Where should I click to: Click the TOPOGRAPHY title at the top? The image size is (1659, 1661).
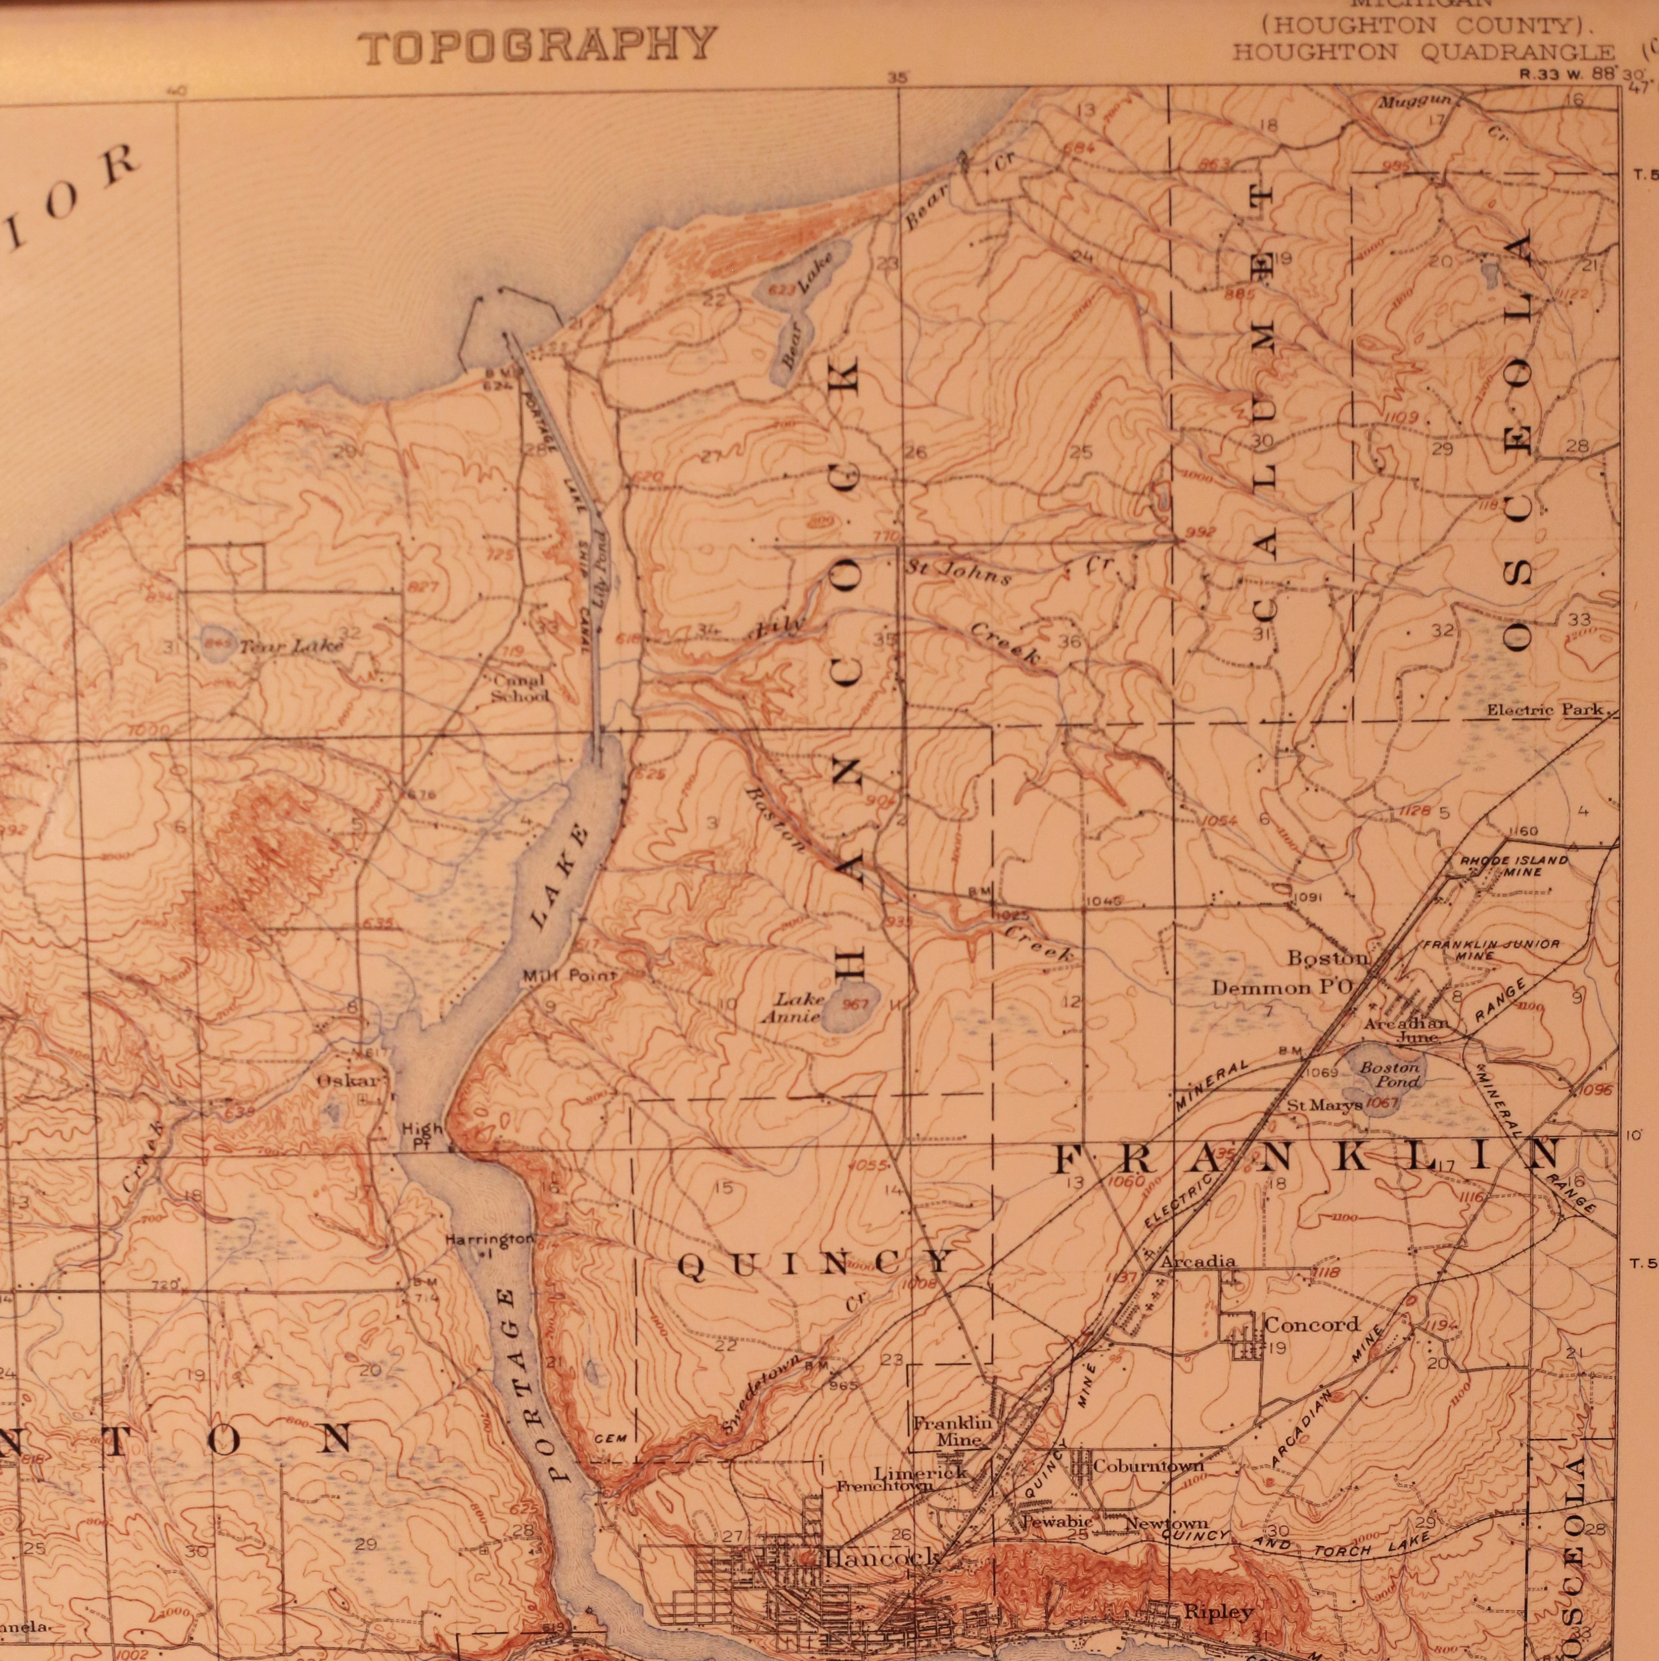(538, 45)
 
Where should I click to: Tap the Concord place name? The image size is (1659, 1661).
(1311, 1325)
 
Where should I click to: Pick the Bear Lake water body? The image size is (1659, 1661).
(797, 305)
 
